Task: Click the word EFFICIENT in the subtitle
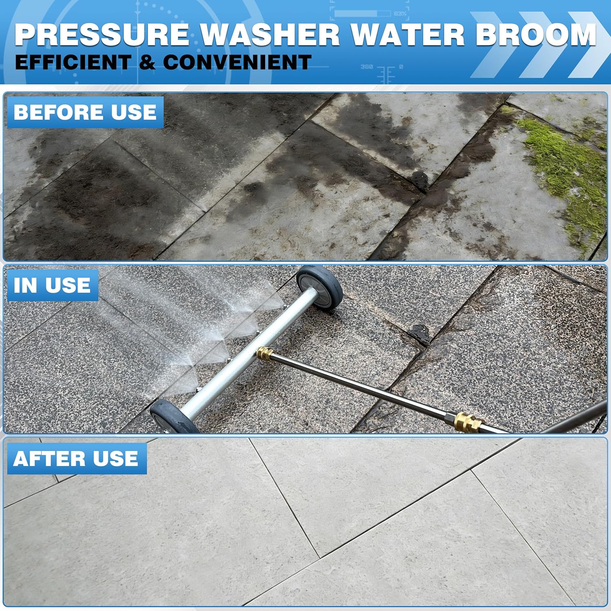(x=73, y=62)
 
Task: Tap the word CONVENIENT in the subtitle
(x=237, y=62)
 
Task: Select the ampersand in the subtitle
(x=147, y=62)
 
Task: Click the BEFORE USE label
(x=85, y=112)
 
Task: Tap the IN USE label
(x=52, y=285)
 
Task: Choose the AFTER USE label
(x=76, y=458)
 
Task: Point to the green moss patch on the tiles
(x=566, y=171)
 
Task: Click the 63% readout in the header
(x=400, y=14)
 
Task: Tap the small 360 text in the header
(x=367, y=66)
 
